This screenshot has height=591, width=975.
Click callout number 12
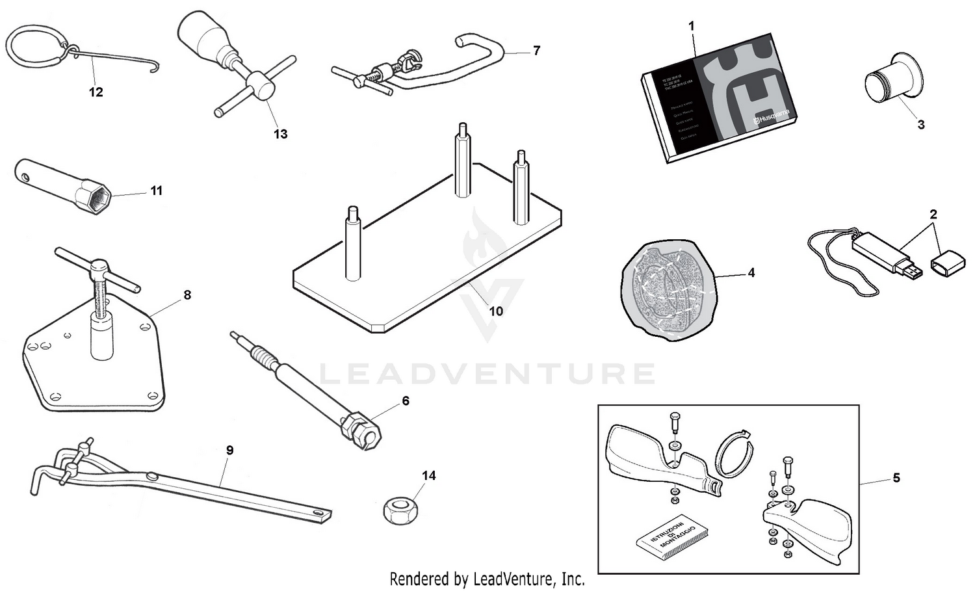pos(96,92)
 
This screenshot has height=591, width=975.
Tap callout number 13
pos(280,134)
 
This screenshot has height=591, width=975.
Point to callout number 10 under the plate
pos(496,311)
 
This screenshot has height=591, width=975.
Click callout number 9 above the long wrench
pos(229,450)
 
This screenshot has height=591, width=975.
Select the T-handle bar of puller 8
pos(97,268)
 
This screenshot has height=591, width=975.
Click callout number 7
pos(536,51)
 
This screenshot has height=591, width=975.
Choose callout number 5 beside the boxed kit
pos(896,479)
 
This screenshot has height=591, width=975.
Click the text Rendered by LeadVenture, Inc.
pos(487,578)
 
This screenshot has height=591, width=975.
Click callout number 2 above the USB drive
pos(933,214)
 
